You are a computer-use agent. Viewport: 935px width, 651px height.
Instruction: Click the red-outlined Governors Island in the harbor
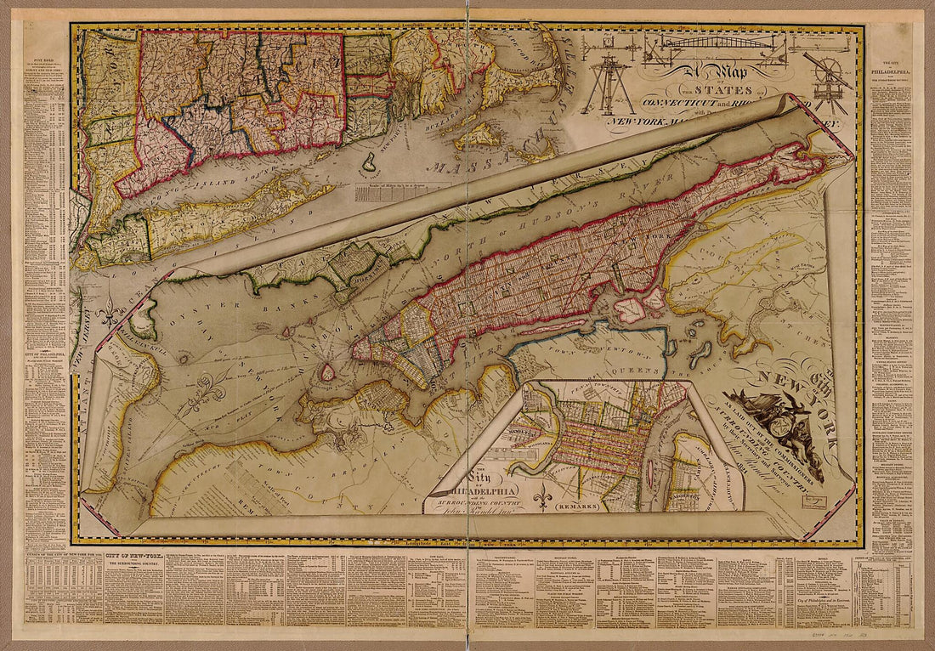326,372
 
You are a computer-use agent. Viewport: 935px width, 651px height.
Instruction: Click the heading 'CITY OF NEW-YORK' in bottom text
137,556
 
